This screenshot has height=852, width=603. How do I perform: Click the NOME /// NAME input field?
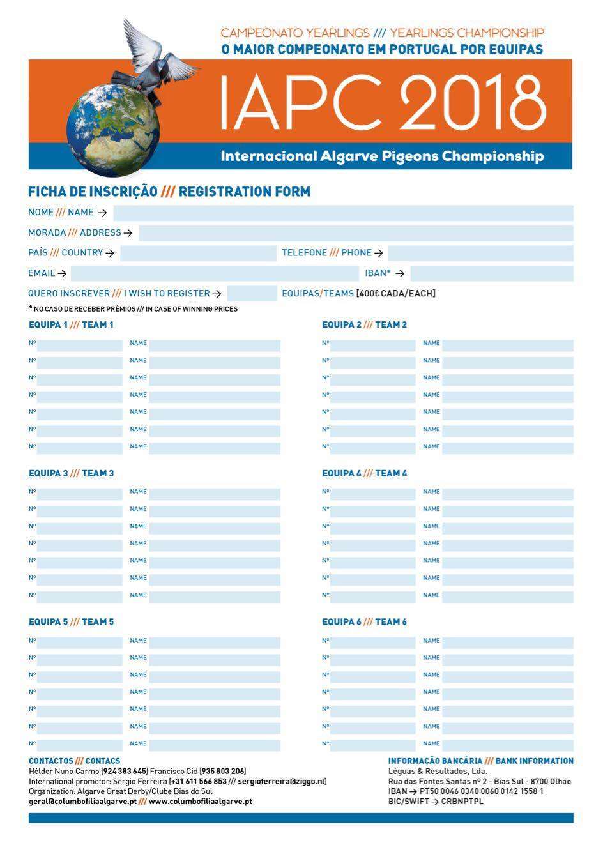point(343,213)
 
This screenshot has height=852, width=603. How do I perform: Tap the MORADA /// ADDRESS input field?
point(356,233)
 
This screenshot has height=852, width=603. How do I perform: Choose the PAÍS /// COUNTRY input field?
point(198,253)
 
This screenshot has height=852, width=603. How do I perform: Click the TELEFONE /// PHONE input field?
point(480,253)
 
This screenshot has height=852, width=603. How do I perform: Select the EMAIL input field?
point(215,273)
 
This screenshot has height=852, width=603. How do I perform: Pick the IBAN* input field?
point(491,273)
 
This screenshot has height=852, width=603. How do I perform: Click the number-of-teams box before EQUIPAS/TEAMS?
point(252,294)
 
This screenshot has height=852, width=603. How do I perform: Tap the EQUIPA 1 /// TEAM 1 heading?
point(71,324)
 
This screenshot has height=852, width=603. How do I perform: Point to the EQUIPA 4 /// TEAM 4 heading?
point(364,473)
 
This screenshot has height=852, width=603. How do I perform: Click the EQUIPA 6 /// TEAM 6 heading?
point(364,622)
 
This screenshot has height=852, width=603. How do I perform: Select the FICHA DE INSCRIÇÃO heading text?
point(93,192)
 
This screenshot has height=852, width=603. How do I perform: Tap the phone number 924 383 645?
point(125,772)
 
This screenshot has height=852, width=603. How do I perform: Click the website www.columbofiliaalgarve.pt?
point(200,801)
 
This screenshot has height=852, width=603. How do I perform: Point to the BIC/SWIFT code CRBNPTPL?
point(462,801)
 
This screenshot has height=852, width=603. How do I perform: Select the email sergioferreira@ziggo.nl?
point(282,781)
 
